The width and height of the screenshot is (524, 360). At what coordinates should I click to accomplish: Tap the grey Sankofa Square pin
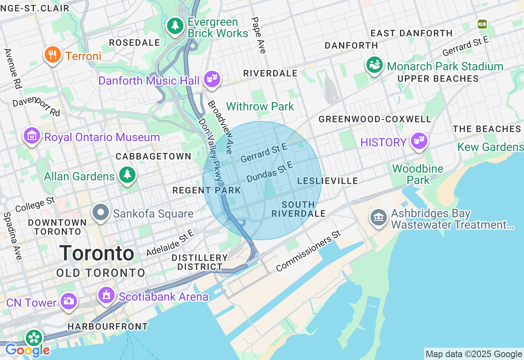(x=101, y=212)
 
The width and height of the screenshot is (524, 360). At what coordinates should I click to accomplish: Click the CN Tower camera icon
(x=68, y=301)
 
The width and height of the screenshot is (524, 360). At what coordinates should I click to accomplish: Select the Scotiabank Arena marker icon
(x=106, y=295)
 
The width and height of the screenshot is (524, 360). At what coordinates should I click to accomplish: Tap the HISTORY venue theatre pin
(x=419, y=141)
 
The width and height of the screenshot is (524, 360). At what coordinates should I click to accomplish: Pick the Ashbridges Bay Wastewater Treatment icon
(x=378, y=218)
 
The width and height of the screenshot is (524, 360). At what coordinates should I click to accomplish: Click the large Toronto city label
(x=97, y=253)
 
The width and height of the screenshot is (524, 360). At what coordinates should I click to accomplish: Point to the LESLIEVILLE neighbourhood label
(x=327, y=181)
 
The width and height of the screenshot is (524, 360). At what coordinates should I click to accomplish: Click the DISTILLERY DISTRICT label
(x=200, y=262)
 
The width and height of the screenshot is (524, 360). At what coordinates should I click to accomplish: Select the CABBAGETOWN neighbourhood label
(x=154, y=156)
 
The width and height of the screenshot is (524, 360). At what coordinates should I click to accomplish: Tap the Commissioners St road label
(x=308, y=251)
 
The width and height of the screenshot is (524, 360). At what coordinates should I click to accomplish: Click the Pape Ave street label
(x=259, y=35)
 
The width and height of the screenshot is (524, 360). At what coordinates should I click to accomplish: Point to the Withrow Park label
(x=260, y=107)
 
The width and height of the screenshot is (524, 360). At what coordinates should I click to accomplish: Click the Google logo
(x=27, y=350)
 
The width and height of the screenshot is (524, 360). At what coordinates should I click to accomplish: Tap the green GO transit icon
(x=482, y=24)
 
